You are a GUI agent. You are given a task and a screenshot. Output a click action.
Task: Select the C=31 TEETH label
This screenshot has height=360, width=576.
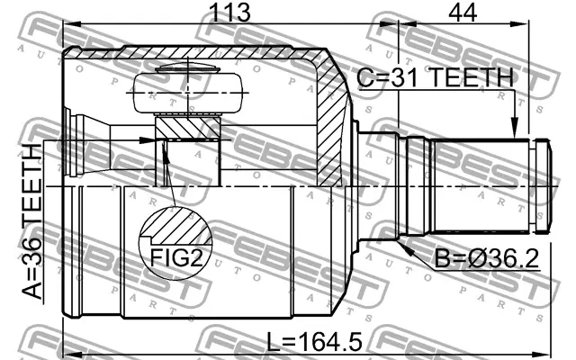click(433, 79)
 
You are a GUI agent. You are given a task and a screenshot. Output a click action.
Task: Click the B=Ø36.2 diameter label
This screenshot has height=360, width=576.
click(486, 260)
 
